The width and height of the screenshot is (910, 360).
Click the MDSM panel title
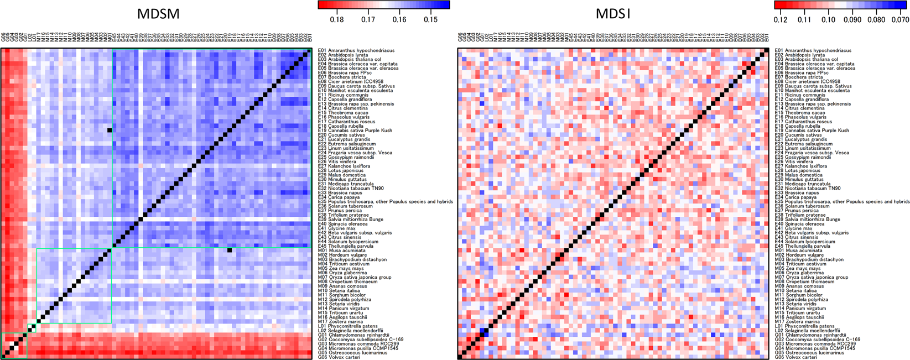point(158,14)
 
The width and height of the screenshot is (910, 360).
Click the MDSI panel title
point(613,14)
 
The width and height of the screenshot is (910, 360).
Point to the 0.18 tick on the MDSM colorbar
point(336,20)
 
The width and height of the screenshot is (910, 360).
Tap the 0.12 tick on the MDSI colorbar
point(781,20)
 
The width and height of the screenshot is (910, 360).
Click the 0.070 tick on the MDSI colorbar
point(901,20)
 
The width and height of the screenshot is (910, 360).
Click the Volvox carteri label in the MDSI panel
point(795,357)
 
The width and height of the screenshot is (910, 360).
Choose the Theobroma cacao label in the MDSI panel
point(798,113)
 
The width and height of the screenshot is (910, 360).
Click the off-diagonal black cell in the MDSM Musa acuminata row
point(230,251)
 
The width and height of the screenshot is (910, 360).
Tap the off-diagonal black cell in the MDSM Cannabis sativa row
point(110,131)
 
